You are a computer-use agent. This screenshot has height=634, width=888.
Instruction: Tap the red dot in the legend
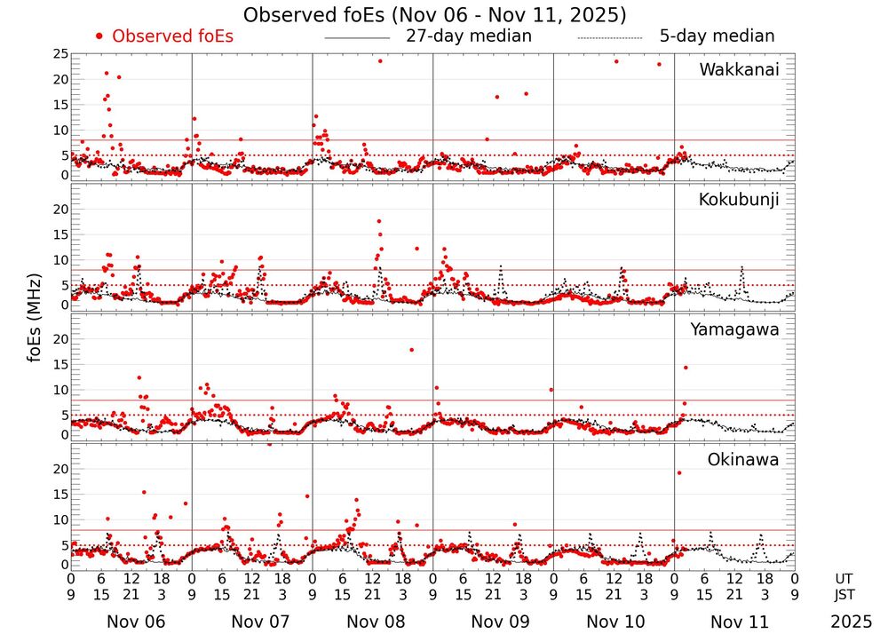(99, 36)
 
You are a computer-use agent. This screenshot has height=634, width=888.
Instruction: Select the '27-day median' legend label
(468, 36)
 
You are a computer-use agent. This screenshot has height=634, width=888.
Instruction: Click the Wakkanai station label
(739, 70)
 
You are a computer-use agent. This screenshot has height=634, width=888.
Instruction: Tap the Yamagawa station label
(735, 329)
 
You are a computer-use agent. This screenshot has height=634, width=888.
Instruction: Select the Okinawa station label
(743, 460)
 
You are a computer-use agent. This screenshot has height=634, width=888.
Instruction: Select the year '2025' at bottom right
(852, 622)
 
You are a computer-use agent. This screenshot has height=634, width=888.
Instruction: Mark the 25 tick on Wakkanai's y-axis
(61, 54)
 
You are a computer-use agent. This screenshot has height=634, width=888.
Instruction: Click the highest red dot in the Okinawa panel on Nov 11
(679, 472)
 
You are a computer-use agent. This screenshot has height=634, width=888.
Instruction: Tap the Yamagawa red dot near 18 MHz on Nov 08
(411, 350)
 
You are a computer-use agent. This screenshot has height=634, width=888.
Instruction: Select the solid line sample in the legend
(357, 38)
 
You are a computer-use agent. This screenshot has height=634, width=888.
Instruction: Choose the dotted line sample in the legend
(609, 38)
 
